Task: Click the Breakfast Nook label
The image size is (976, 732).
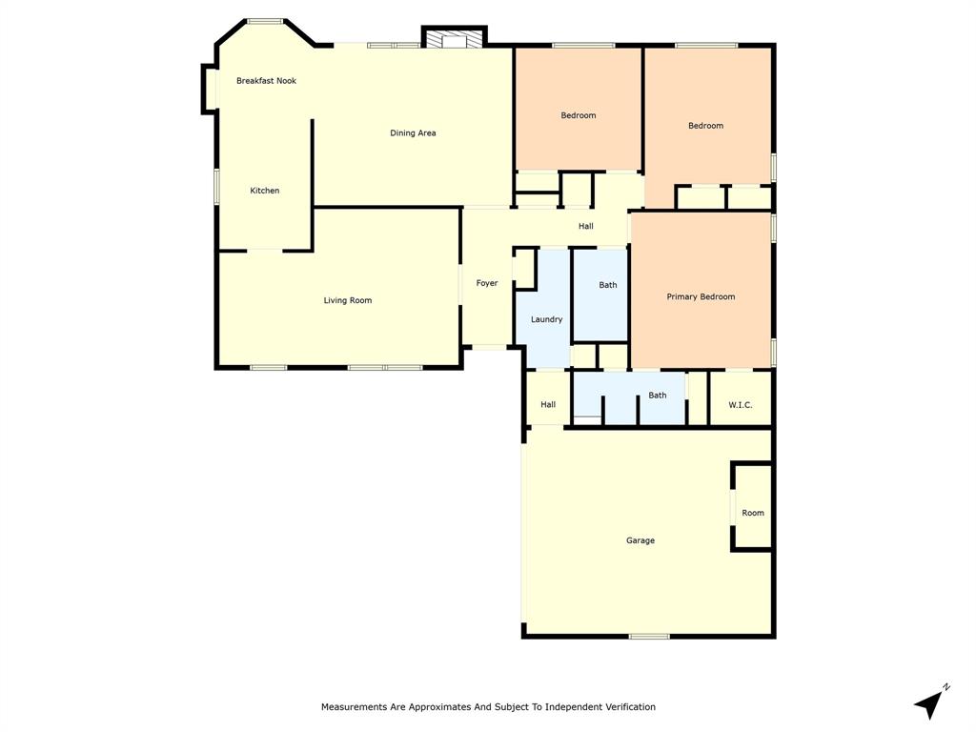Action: click(x=266, y=81)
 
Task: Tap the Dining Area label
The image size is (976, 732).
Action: click(x=413, y=133)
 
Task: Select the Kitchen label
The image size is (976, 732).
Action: click(x=265, y=191)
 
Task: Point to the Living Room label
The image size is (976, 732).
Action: click(x=348, y=300)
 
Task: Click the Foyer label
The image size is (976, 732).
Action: click(x=487, y=283)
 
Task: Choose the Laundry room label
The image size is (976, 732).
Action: click(x=546, y=319)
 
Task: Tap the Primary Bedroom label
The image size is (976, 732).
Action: click(x=701, y=296)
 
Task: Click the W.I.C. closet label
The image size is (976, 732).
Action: click(x=741, y=405)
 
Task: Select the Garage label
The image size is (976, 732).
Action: click(x=640, y=540)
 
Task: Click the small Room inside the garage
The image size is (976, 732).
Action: click(x=753, y=513)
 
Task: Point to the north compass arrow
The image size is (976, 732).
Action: click(x=931, y=702)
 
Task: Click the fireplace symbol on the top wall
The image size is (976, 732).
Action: click(x=455, y=40)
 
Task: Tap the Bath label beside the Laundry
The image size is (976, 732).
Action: click(x=608, y=285)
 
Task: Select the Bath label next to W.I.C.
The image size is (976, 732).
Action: click(x=658, y=395)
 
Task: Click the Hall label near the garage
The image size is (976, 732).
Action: click(x=548, y=404)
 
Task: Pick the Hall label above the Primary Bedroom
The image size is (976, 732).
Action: click(x=586, y=226)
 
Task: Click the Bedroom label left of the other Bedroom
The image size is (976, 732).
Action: click(x=578, y=115)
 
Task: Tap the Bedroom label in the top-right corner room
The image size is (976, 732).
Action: click(x=705, y=126)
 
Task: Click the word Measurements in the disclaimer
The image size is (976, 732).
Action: click(x=355, y=707)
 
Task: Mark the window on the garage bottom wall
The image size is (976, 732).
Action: click(x=649, y=636)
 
